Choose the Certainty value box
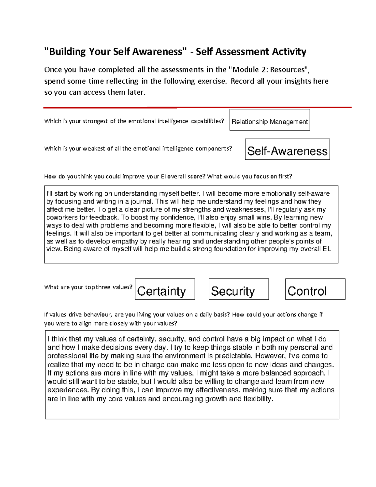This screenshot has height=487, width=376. pos(165,289)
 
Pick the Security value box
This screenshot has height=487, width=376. pos(238,289)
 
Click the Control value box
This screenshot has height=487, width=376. pos(315,289)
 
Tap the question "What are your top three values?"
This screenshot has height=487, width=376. pos(88,287)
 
